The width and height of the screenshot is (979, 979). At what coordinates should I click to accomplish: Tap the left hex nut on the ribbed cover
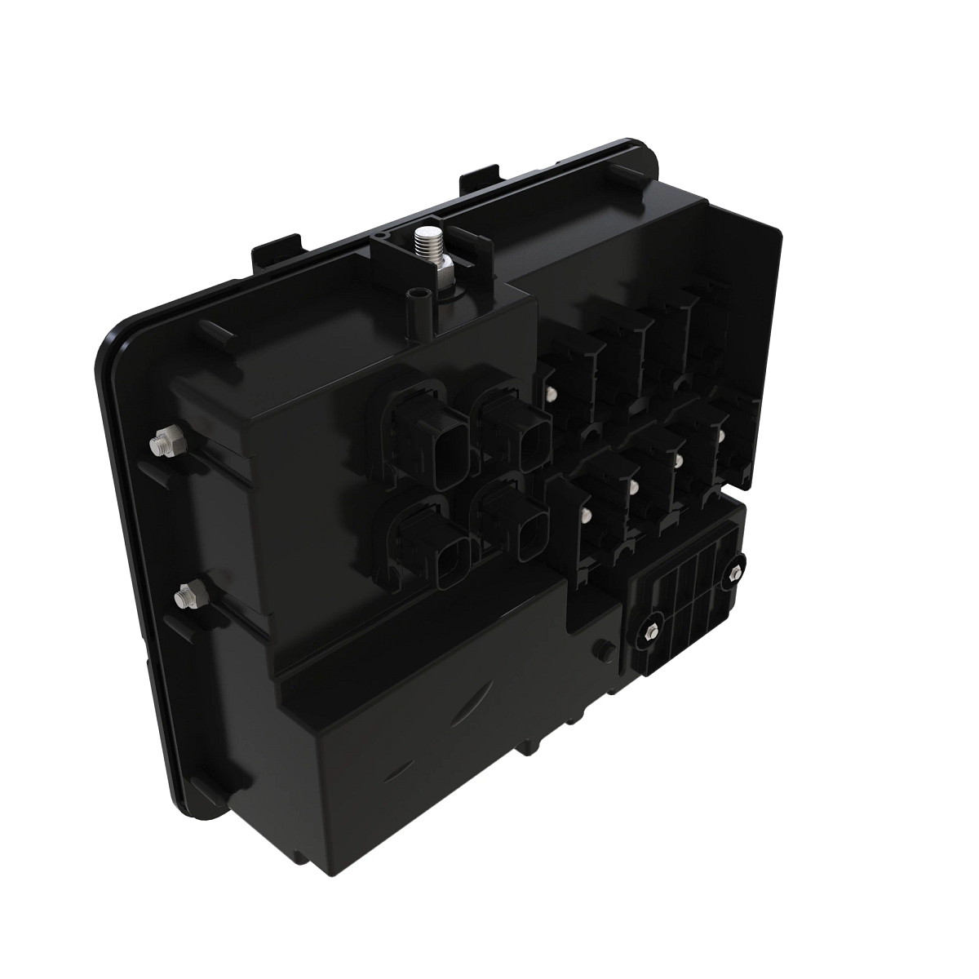[650, 631]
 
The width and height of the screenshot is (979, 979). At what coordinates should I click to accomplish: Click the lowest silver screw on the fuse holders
[585, 516]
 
